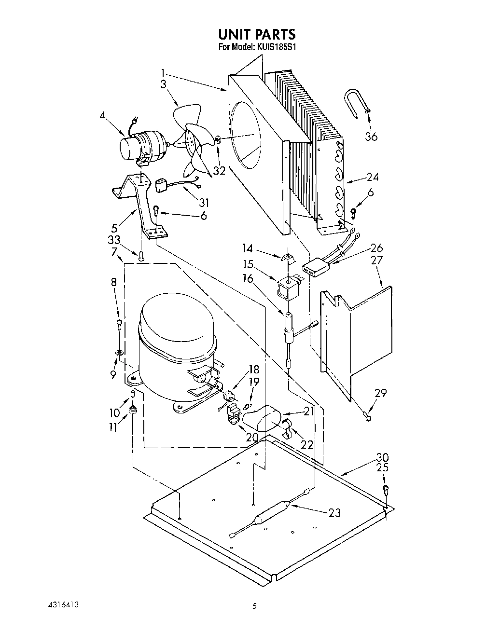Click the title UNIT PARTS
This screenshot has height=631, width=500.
[256, 34]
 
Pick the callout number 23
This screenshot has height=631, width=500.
[334, 513]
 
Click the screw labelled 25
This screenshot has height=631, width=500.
[386, 490]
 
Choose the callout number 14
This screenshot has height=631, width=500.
[248, 248]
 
